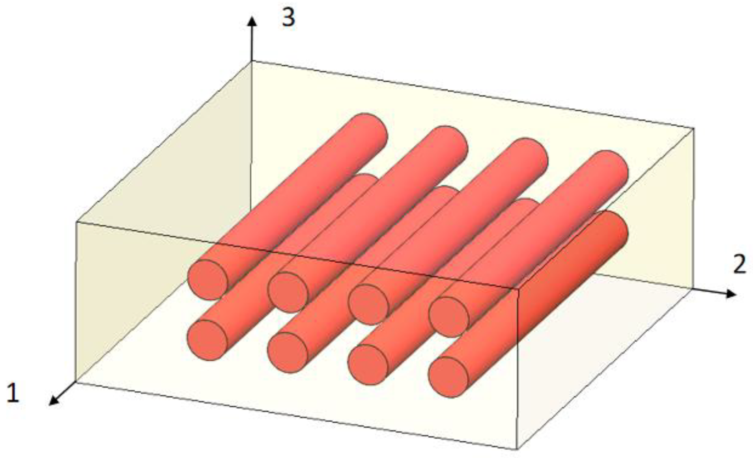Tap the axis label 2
click(739, 264)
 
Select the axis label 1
click(13, 393)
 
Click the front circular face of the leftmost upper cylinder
click(208, 280)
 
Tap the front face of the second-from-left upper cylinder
click(288, 292)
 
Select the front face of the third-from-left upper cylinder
click(368, 305)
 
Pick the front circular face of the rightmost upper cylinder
click(448, 317)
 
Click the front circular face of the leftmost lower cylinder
click(207, 340)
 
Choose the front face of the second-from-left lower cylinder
click(287, 352)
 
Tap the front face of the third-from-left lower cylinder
click(368, 365)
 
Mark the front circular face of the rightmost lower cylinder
click(448, 377)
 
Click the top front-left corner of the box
click(76, 222)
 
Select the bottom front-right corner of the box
click(517, 449)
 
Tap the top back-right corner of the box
click(693, 128)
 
